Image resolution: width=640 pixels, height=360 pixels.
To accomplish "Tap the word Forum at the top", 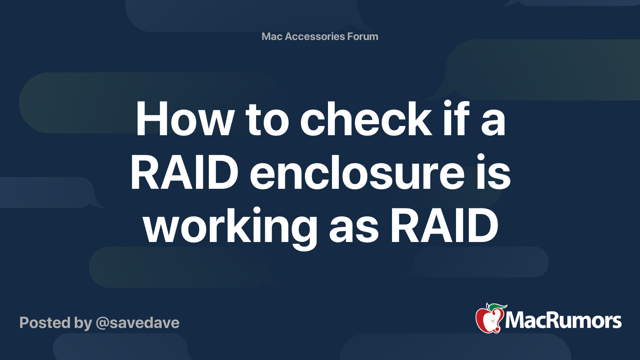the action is (x=362, y=36).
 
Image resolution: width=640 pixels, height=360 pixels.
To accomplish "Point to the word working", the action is (x=230, y=228).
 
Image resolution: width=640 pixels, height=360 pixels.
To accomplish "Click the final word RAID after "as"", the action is (x=444, y=225).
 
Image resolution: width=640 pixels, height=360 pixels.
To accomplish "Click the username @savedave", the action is (x=138, y=323).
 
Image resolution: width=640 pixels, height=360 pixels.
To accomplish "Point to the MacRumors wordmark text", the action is (x=563, y=321).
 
